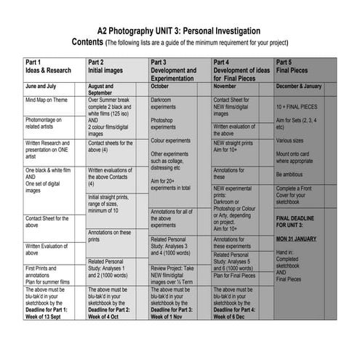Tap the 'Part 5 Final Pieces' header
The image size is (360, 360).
pos(294,67)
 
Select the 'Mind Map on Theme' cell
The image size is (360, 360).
pos(48,100)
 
